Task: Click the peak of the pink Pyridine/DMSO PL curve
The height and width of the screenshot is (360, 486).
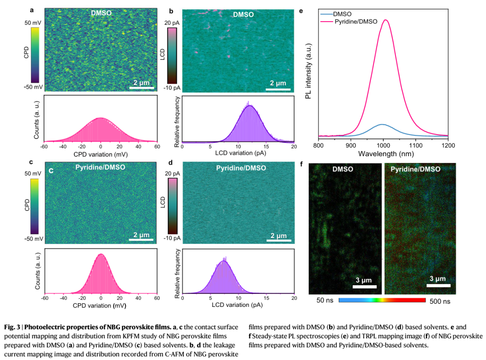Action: (385, 20)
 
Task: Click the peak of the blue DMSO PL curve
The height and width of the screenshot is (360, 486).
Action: (382, 124)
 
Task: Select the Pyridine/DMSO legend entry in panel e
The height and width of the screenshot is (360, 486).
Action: (355, 22)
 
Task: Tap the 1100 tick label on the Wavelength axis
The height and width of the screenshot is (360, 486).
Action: (416, 146)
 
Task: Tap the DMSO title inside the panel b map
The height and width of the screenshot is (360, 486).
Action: (243, 14)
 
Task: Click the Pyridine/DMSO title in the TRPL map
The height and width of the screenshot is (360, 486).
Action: (415, 169)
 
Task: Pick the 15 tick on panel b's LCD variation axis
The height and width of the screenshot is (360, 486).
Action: (266, 146)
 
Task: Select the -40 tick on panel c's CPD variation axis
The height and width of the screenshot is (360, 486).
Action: (63, 297)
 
